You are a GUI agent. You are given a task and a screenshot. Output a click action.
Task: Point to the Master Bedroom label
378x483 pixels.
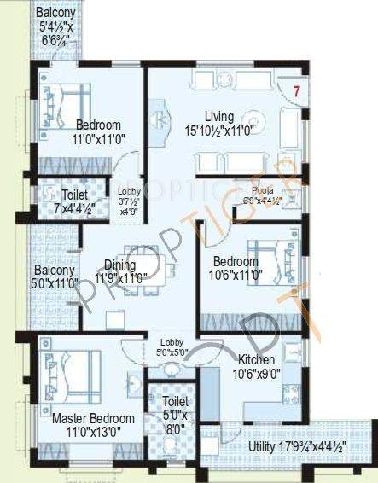(93, 419)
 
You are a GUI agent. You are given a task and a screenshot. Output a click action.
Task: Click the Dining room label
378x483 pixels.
(120, 265)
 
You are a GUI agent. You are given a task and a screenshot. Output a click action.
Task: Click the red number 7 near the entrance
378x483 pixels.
(296, 90)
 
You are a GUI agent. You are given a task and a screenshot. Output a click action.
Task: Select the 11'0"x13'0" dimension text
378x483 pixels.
(93, 433)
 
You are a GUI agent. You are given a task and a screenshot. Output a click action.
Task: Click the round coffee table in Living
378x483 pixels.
(253, 121)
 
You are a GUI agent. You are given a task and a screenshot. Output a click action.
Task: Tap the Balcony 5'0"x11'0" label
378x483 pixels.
(54, 276)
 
